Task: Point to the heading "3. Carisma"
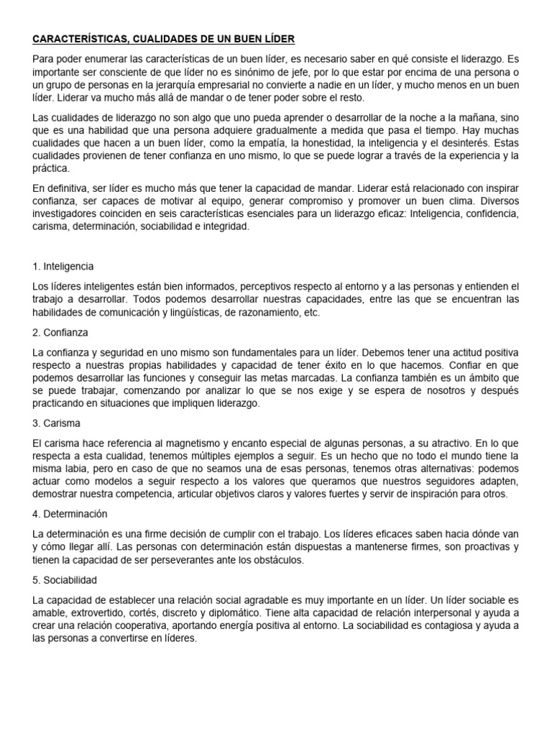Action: coord(57,423)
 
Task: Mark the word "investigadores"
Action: coord(68,213)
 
